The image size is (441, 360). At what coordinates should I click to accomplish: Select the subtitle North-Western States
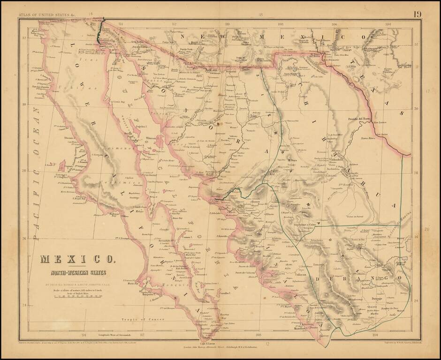[79, 272]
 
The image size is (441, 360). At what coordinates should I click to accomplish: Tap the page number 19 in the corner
[417, 14]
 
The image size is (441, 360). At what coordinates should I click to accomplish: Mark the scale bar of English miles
[78, 297]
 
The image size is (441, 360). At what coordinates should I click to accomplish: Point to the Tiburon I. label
[152, 138]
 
